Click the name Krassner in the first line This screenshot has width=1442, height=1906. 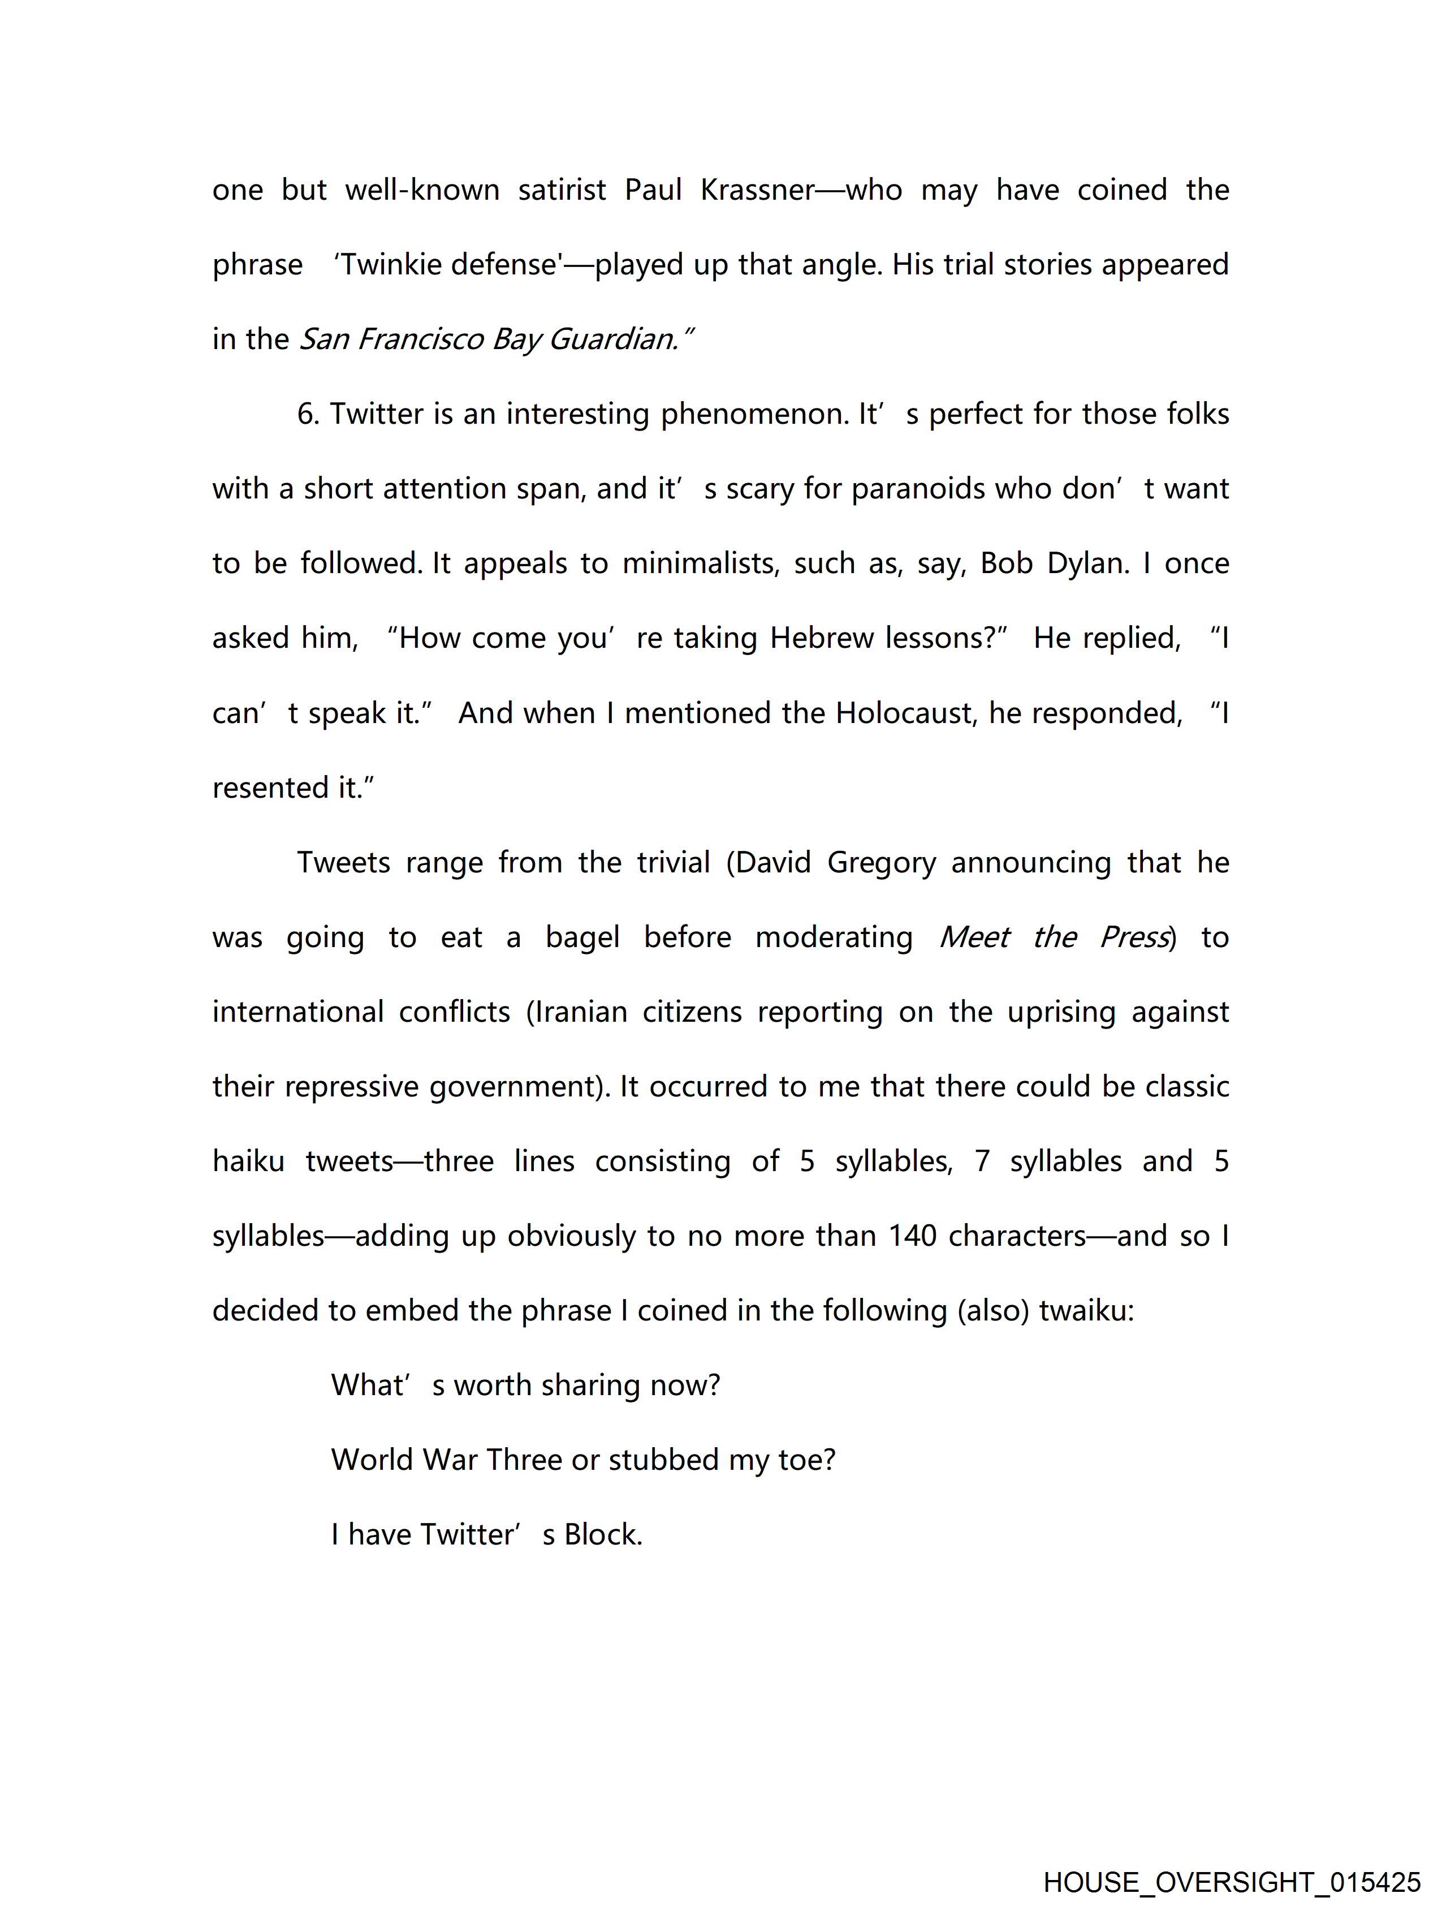point(756,190)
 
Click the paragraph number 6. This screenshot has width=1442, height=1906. point(308,415)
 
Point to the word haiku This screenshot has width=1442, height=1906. point(248,1161)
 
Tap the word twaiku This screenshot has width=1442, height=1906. point(1086,1311)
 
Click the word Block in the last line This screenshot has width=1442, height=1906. point(602,1535)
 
